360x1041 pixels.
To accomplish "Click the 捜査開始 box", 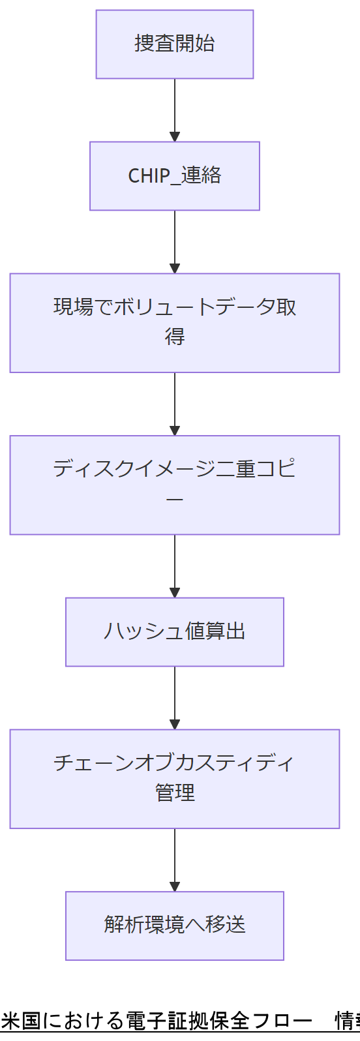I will [174, 44].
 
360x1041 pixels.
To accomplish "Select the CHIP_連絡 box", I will [174, 176].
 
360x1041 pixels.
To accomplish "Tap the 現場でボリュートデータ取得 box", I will [174, 323].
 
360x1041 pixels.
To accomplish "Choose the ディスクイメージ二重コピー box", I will [174, 485].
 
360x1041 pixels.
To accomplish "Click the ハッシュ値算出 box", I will [174, 632].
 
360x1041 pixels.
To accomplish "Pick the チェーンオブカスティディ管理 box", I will [174, 779].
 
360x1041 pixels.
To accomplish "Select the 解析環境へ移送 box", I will [174, 926].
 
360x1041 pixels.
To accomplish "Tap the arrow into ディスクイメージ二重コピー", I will [174, 404].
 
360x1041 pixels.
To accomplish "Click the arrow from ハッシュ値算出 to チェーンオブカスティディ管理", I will [174, 697].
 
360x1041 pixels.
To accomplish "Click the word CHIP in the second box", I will [149, 176].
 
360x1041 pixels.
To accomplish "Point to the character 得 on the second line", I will [174, 337].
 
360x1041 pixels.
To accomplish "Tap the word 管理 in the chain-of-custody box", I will [174, 793].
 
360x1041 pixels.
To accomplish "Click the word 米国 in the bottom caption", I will [21, 1021].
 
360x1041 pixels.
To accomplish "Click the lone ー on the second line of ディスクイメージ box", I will [174, 500].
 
